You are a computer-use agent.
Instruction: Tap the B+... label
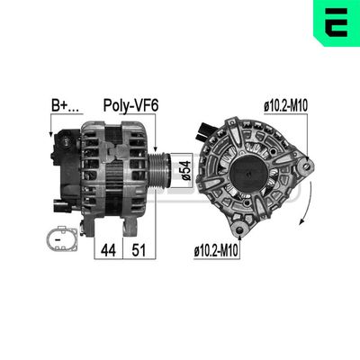tap(63, 105)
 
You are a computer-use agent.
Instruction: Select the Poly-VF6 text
tap(132, 105)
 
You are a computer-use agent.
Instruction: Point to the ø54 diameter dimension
tap(184, 167)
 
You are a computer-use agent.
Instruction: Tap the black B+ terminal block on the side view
tap(66, 144)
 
